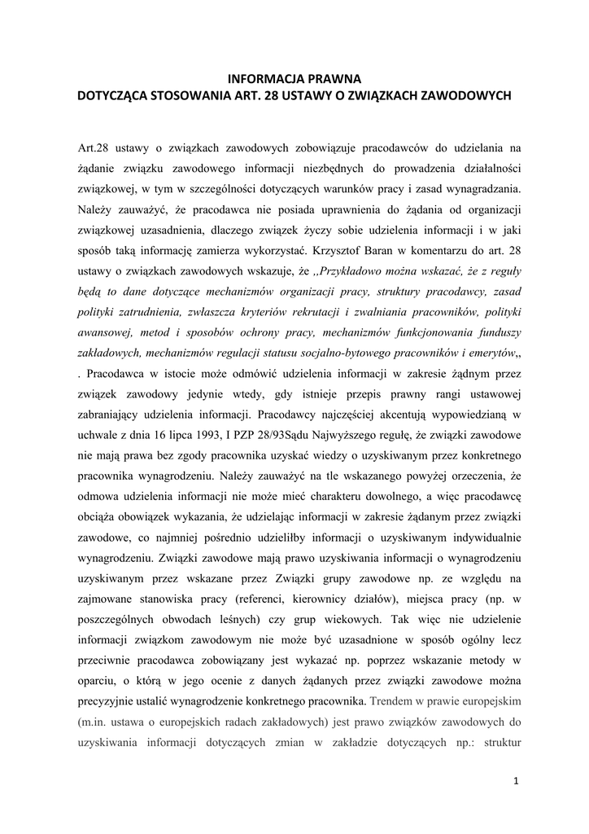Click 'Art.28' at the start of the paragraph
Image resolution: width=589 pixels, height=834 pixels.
point(94,147)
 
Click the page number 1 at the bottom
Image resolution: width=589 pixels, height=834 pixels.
point(517,783)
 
